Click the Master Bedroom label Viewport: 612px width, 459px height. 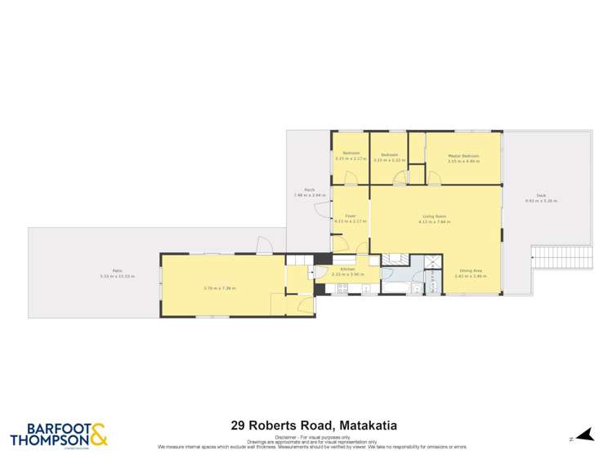463,155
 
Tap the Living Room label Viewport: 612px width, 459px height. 434,216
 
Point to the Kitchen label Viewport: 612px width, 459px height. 346,269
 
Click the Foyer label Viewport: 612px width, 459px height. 350,216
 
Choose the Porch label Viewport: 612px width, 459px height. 310,190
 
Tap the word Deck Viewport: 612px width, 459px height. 541,194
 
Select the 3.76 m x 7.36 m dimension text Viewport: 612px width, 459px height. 219,287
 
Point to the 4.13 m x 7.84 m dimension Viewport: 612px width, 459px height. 434,221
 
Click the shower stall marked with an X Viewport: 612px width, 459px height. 426,265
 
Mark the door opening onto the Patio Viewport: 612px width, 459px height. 265,245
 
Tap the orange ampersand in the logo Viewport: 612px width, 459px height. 97,433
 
